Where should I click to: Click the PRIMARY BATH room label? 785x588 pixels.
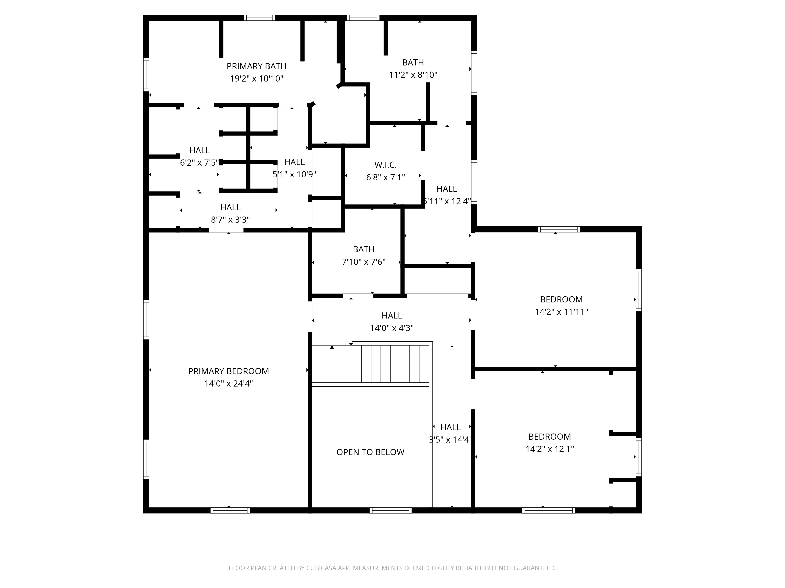[x=256, y=66]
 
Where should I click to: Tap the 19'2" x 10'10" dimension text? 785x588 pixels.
[x=256, y=79]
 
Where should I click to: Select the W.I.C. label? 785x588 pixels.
[x=385, y=165]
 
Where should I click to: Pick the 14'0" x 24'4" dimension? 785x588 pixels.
[x=229, y=384]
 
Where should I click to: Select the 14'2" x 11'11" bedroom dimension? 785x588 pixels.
[x=561, y=312]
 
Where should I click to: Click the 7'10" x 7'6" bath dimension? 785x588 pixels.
[x=364, y=262]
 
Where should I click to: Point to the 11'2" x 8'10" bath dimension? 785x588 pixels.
[x=413, y=75]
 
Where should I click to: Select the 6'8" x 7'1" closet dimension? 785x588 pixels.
[x=385, y=177]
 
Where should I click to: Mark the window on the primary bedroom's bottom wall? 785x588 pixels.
[x=230, y=510]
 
